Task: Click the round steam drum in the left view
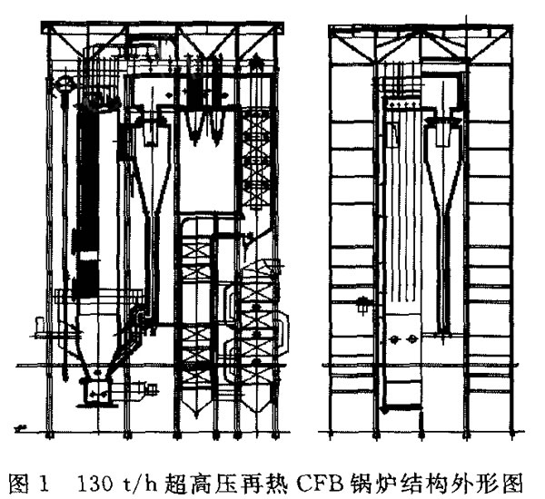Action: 64,83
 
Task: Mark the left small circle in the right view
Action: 394,339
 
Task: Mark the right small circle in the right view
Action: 412,338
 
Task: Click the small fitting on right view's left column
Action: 362,304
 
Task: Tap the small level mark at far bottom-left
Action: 20,428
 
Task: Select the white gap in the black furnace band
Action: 87,257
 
